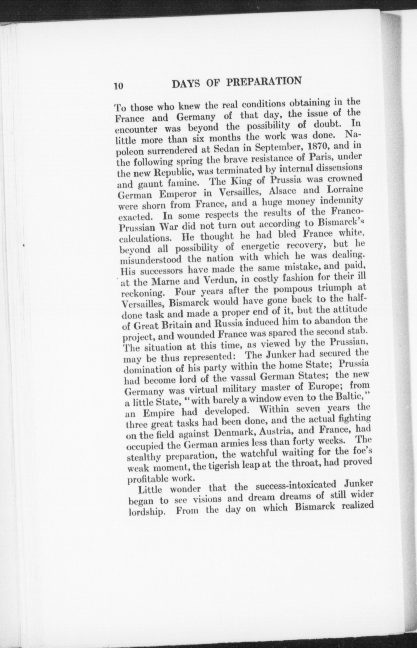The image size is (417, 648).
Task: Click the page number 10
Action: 119,86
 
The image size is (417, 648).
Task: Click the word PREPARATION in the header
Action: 264,81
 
